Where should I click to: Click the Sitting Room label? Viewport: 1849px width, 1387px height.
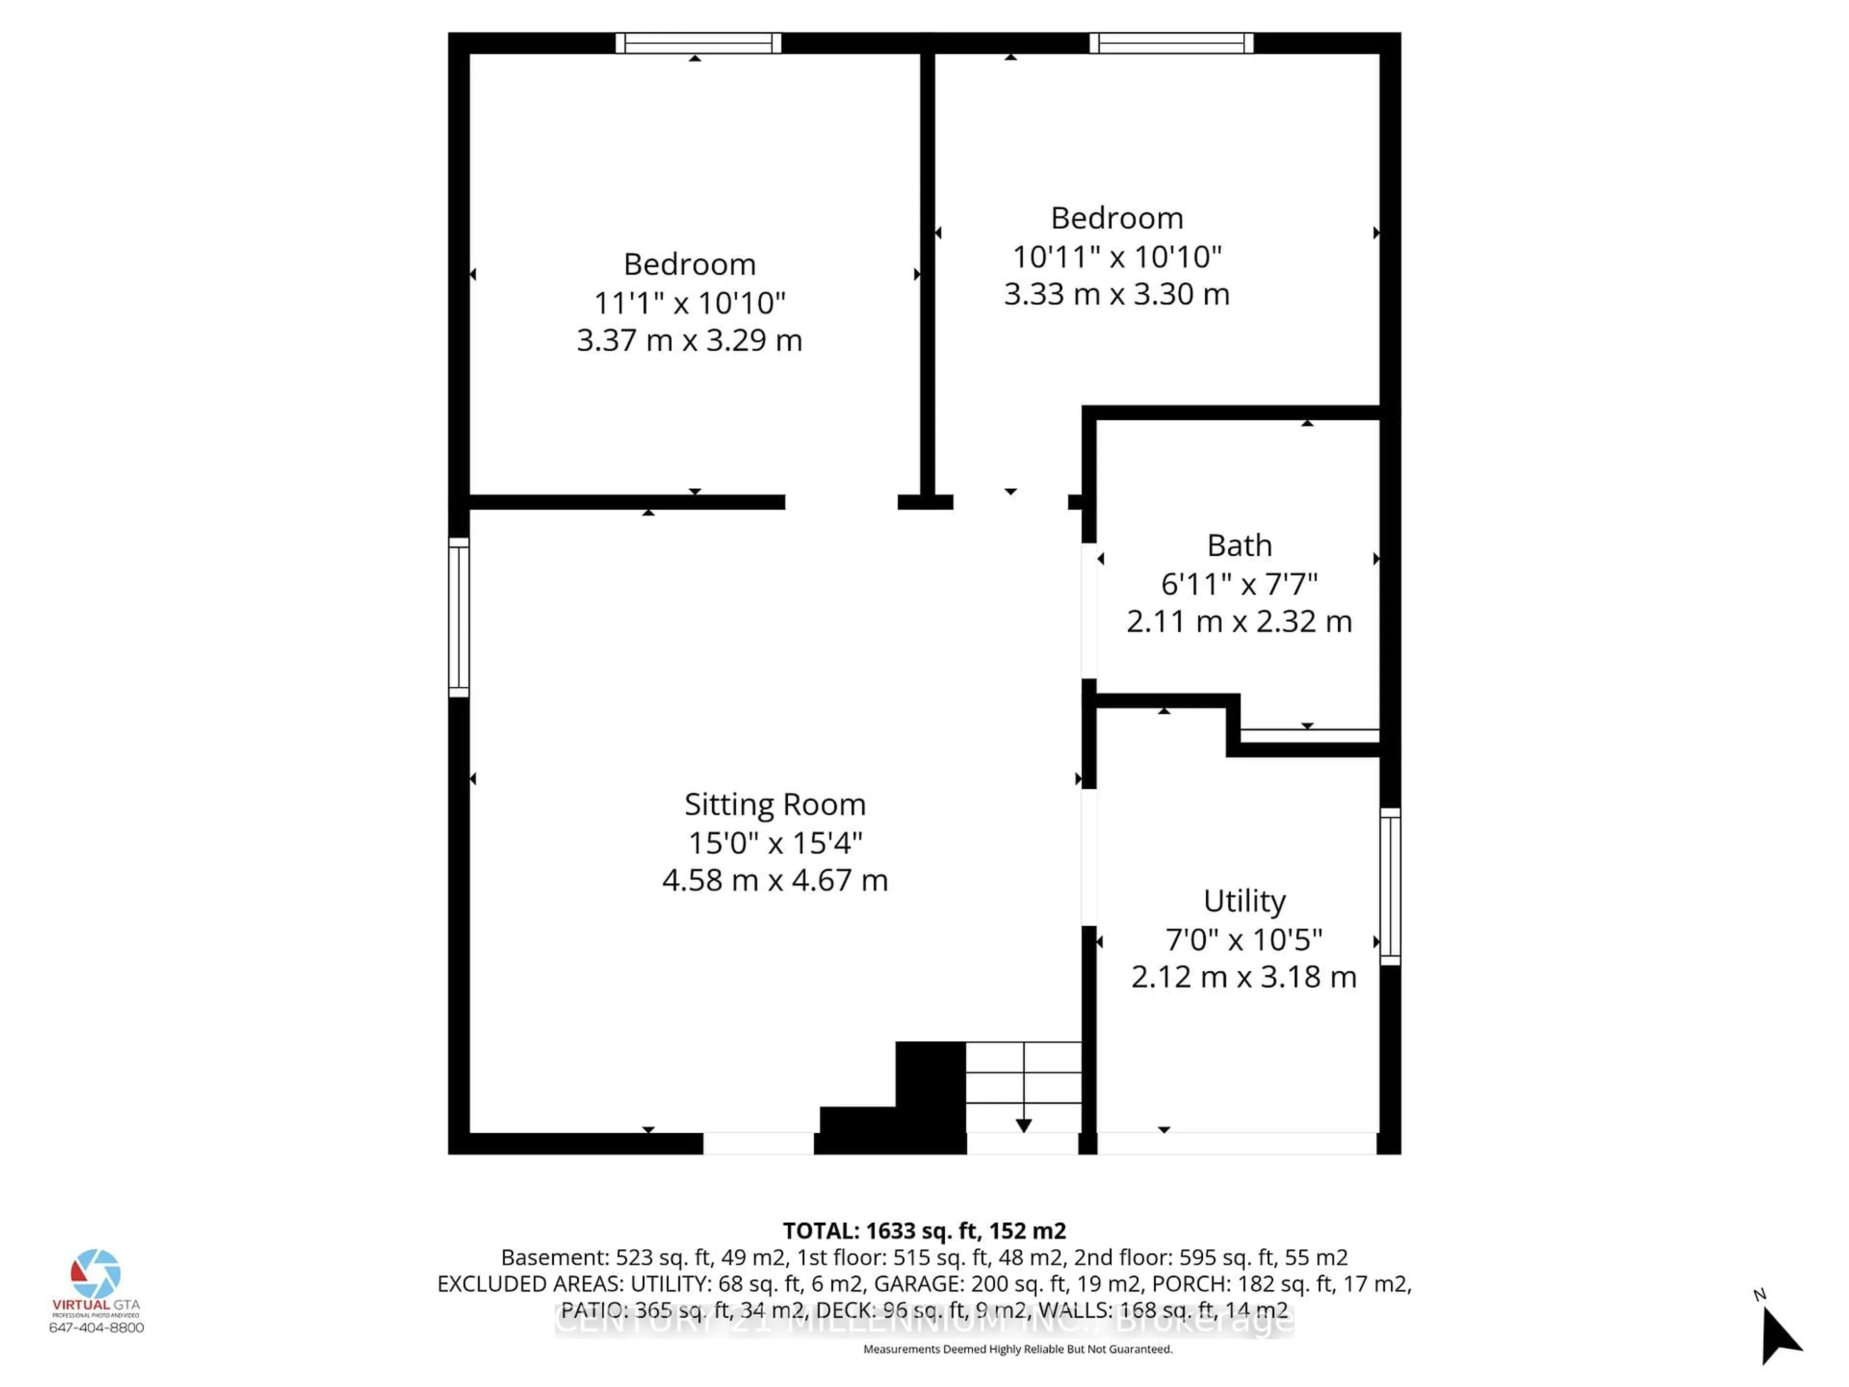(x=775, y=804)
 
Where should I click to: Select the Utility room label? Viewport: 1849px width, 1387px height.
(x=1244, y=901)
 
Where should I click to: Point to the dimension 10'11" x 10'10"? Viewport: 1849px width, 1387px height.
(x=1117, y=257)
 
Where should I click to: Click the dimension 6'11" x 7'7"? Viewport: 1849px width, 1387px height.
(x=1239, y=584)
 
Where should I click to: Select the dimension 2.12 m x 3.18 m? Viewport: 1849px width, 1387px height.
(x=1244, y=977)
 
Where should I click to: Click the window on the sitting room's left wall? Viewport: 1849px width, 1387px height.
(x=459, y=617)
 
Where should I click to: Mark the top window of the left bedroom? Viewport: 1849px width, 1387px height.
(x=698, y=43)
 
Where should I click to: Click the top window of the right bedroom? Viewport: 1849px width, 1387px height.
(x=1171, y=43)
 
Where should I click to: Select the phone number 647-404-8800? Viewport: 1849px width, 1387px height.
(x=96, y=1328)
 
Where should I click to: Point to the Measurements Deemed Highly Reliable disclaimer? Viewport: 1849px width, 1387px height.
(x=1017, y=1349)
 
